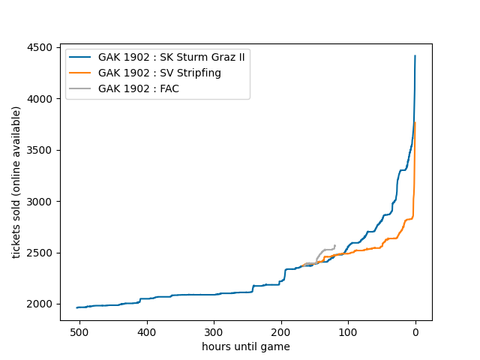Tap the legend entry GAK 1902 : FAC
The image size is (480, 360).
click(138, 88)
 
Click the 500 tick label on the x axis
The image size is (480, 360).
click(80, 332)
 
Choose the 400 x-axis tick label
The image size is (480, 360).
click(147, 332)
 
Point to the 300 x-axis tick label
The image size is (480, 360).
click(214, 332)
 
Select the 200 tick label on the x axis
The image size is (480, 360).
click(281, 332)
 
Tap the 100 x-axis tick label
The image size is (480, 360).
click(348, 332)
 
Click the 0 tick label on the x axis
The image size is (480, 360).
click(415, 332)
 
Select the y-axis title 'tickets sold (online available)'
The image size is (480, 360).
click(16, 182)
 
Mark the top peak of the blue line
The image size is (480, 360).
click(415, 55)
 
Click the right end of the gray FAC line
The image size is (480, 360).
click(334, 244)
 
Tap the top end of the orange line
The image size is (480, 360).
click(415, 123)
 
